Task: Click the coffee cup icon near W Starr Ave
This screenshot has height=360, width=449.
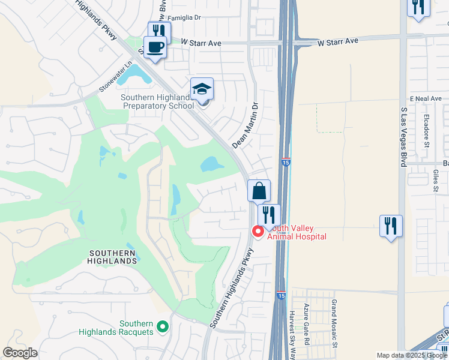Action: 155,47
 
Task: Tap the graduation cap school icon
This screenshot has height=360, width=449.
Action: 202,89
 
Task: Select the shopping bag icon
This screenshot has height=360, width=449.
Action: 259,191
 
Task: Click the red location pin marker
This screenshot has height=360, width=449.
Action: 258,231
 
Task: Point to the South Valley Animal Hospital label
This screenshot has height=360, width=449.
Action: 297,232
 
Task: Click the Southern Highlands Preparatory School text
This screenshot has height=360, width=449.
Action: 157,102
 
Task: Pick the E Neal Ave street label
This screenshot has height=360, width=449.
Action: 426,98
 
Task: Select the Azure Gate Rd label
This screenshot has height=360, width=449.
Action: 306,323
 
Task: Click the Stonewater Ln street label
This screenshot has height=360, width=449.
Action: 116,77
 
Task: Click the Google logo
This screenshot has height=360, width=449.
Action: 20,352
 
